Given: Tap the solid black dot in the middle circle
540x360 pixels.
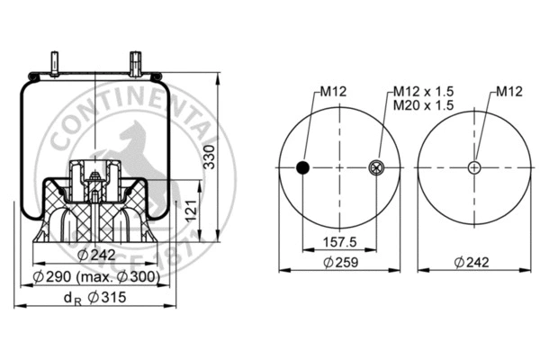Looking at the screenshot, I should tap(303, 166).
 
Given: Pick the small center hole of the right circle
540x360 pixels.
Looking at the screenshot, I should tap(474, 166).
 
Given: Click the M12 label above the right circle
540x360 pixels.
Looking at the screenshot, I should tap(510, 92).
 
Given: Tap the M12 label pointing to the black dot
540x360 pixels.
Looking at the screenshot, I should tap(334, 92).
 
